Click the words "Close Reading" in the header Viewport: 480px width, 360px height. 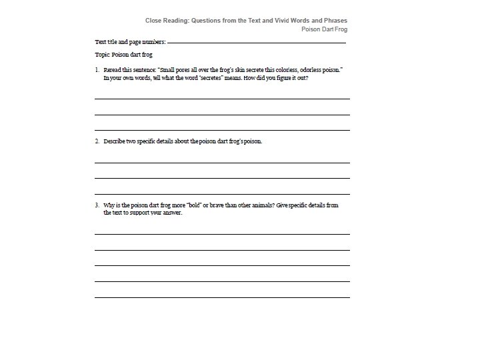166,21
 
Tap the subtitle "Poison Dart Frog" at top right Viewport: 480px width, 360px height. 324,29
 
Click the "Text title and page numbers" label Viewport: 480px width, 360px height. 130,42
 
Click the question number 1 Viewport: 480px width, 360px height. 97,69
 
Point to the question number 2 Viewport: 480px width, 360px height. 97,141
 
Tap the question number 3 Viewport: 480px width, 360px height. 97,205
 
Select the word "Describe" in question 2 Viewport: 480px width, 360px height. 115,141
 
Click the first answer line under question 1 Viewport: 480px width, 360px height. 222,99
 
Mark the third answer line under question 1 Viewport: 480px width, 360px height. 222,130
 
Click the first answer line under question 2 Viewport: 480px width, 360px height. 222,163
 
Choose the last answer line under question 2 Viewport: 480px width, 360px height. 222,194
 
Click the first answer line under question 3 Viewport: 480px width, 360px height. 222,234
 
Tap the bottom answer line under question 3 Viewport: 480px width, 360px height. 222,297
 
